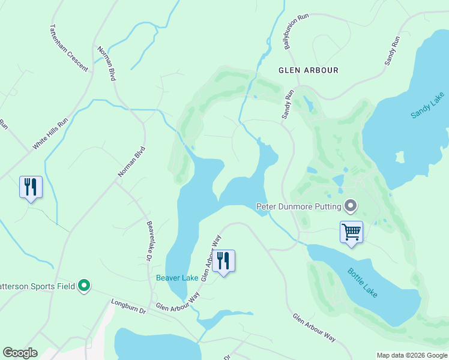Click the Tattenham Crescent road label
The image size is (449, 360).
coord(68,48)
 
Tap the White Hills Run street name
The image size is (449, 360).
coord(50,133)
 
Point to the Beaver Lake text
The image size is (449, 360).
coord(177,278)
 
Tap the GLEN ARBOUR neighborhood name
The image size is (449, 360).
coord(309,70)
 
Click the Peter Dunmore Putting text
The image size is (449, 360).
coord(298,207)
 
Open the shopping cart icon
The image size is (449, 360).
coord(351,232)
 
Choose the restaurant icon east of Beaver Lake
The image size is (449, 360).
coord(223,261)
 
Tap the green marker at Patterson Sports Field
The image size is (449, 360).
coord(85,286)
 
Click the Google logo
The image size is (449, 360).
coord(19,353)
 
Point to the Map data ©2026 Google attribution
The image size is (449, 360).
coord(411,355)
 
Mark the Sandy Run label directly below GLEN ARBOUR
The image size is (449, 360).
coord(288,104)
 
